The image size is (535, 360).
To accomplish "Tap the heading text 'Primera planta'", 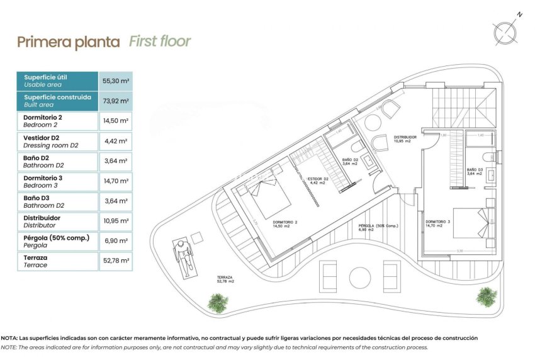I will click(x=69, y=42).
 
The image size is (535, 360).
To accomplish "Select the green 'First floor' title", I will click(x=159, y=42).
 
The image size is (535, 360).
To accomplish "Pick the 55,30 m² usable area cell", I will click(x=116, y=81).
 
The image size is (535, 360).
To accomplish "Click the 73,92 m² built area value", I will click(x=116, y=101).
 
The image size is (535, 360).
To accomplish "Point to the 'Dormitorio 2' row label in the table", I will click(x=43, y=117).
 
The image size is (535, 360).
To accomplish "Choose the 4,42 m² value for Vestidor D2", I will click(x=116, y=142).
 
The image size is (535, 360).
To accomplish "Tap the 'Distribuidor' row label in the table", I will click(x=42, y=217).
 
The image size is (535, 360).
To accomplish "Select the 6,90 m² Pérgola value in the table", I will click(x=116, y=241).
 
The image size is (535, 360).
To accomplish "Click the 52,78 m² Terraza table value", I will click(x=116, y=261).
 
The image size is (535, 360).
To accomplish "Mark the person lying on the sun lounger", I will click(x=182, y=256).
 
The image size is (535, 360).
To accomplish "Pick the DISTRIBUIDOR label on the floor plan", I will click(x=405, y=137).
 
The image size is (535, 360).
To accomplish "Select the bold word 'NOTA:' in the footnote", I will click(x=13, y=339).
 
